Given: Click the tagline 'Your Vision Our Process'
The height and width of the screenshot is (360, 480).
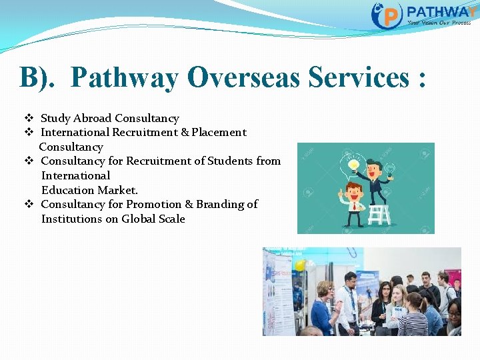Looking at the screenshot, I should [439, 23].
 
